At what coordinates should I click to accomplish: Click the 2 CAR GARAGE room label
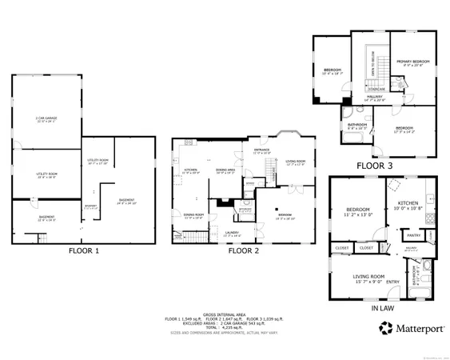coord(46,118)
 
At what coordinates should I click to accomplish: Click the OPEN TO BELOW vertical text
coord(371,68)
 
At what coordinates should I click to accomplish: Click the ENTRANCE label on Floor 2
coord(262,150)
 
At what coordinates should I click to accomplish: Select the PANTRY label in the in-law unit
coord(414,235)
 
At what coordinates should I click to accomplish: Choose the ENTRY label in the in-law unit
coord(393,282)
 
